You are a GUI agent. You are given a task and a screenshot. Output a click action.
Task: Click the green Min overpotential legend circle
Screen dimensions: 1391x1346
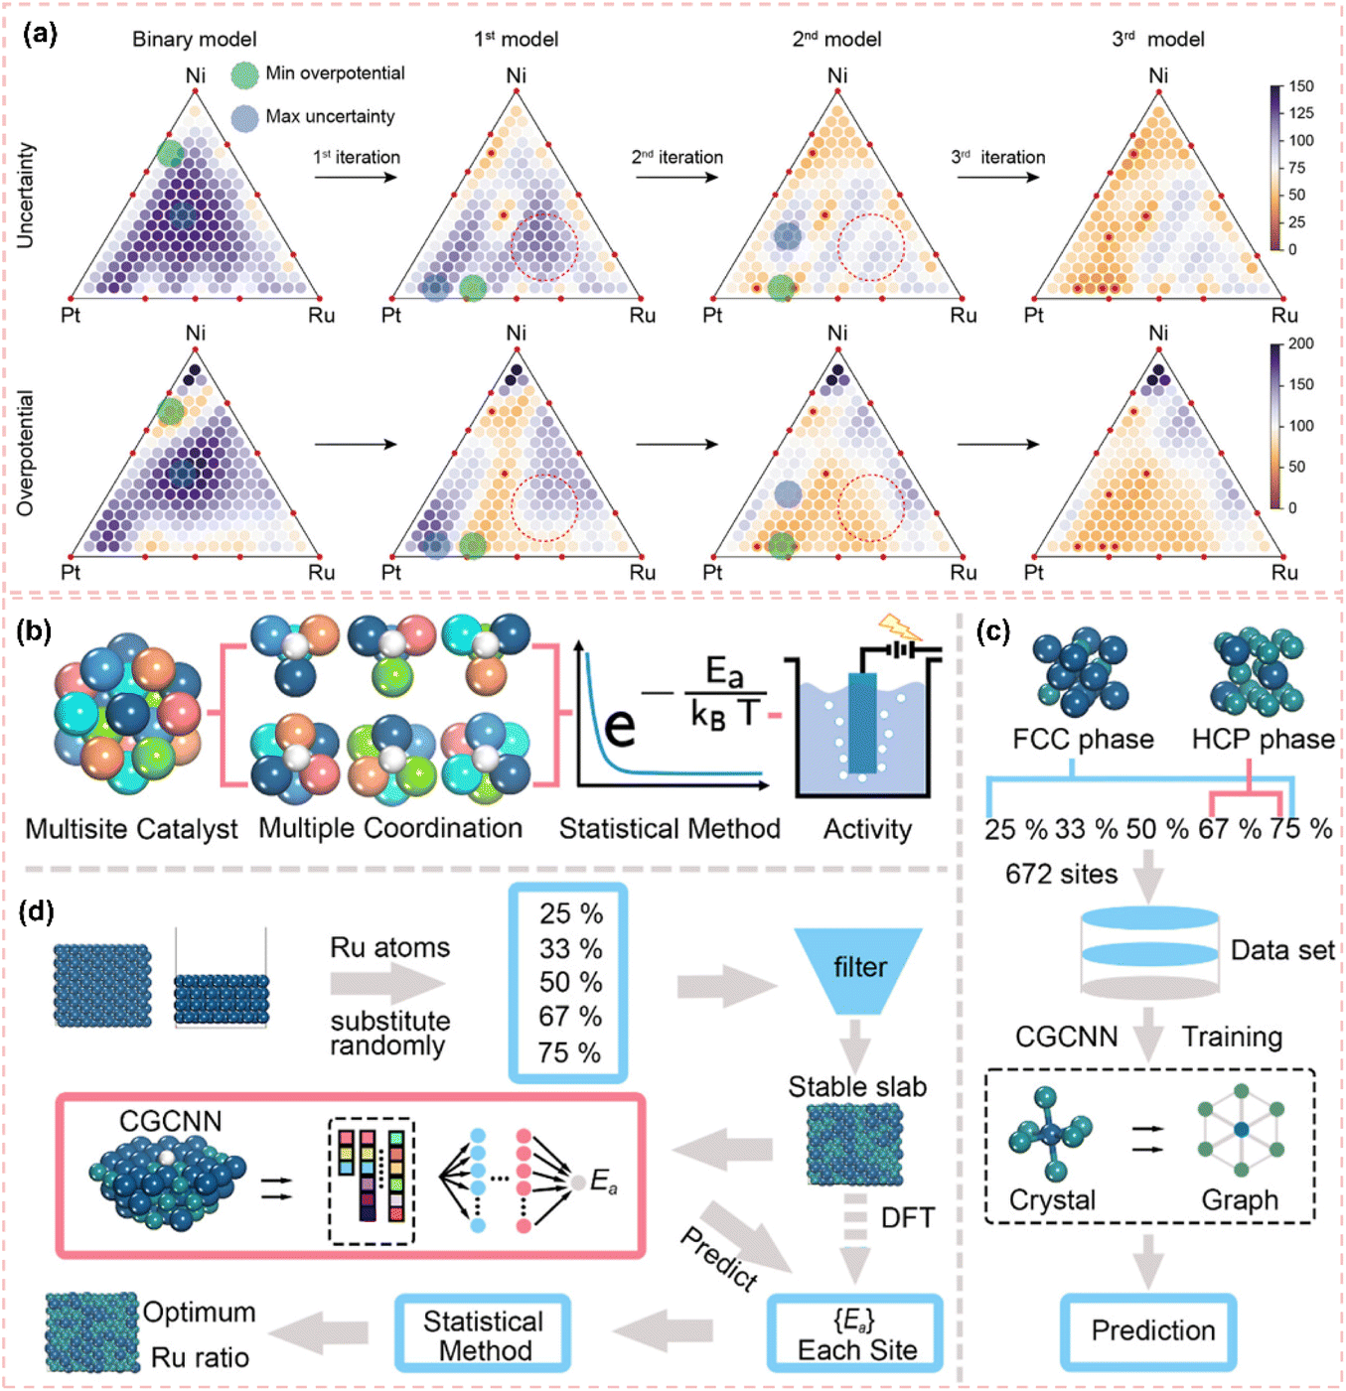244,74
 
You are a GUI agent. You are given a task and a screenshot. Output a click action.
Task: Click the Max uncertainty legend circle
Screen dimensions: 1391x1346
244,118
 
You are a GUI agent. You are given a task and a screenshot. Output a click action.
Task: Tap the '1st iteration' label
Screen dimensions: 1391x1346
357,157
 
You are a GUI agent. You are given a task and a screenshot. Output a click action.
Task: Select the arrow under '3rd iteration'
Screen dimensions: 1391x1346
997,178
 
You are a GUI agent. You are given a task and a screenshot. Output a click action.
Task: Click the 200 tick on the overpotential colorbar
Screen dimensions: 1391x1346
1301,344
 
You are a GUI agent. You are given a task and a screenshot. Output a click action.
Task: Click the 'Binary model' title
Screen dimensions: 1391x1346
195,40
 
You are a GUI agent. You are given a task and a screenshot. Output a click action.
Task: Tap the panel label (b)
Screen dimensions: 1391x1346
34,630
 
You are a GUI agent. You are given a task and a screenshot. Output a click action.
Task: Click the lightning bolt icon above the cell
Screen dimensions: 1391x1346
898,627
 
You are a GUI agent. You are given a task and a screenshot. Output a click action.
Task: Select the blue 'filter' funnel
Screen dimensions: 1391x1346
859,968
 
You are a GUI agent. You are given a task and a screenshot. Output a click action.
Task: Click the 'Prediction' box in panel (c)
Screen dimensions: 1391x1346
1152,1330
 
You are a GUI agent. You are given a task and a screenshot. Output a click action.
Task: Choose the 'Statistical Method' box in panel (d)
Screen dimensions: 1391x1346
484,1335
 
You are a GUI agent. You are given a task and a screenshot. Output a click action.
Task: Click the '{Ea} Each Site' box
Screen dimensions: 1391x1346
856,1335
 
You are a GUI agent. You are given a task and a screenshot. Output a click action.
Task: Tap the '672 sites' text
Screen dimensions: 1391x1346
1061,874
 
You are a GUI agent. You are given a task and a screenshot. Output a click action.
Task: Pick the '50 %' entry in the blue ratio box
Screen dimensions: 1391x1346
570,982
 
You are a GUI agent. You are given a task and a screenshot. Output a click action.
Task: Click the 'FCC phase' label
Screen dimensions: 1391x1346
1083,740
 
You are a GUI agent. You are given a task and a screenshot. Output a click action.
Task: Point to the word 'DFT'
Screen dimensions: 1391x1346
908,1218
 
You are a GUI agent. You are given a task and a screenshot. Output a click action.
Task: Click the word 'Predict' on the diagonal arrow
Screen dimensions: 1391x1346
719,1257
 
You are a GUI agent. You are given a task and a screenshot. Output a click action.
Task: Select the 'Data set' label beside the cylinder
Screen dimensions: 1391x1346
1282,950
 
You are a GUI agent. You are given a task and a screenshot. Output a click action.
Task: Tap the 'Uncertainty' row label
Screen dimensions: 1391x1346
26,195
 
